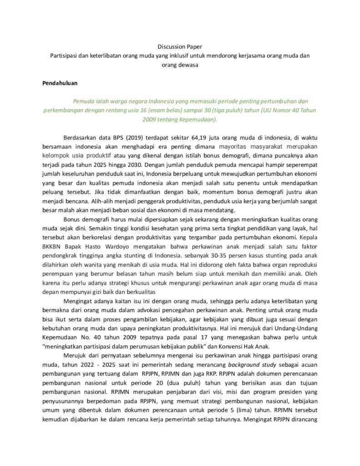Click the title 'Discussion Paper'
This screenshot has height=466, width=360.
pos(179,46)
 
